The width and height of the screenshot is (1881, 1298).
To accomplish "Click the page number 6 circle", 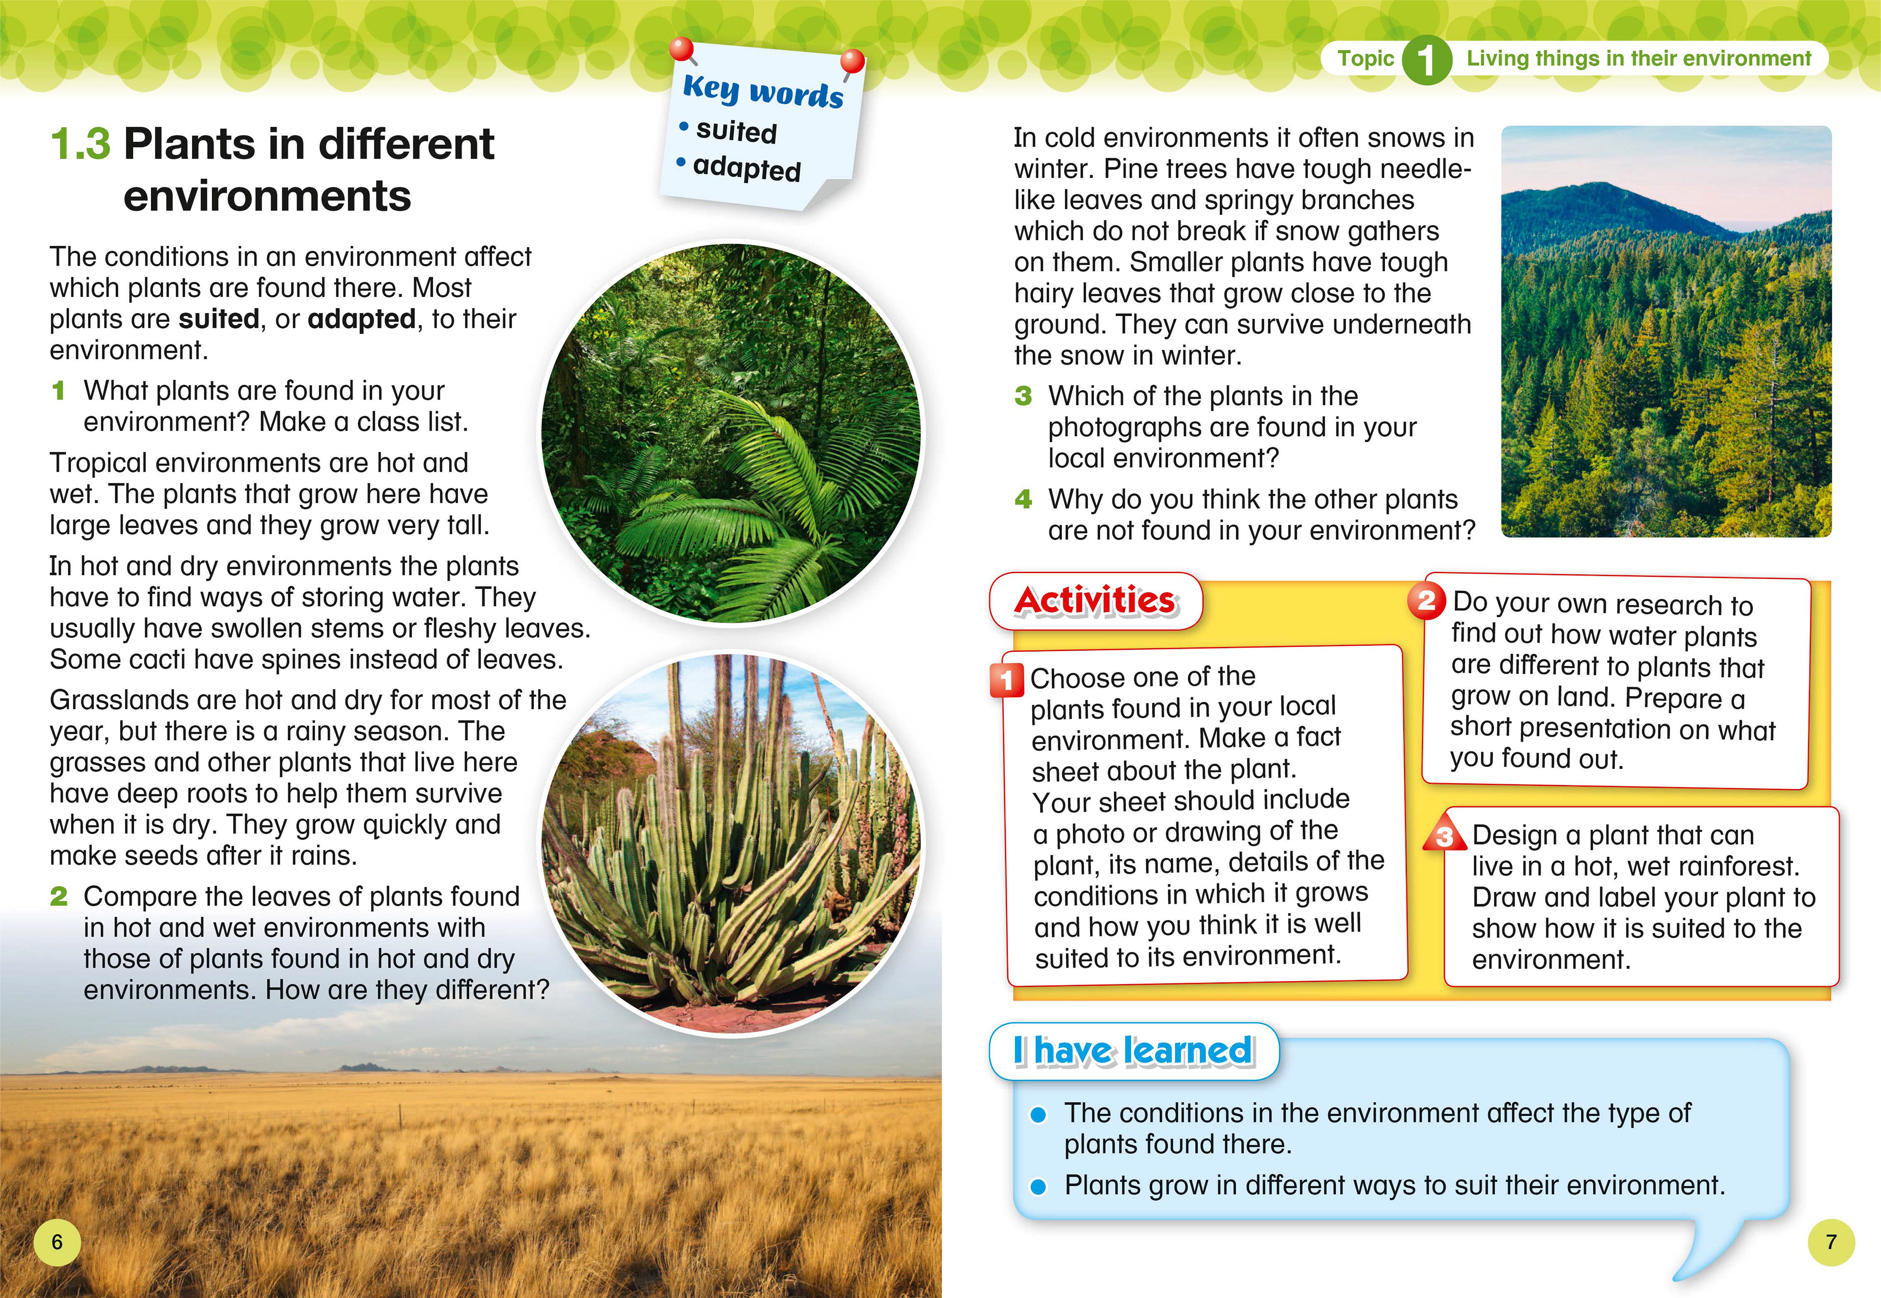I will coord(57,1242).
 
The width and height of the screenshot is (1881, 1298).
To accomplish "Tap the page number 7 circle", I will coord(1831,1242).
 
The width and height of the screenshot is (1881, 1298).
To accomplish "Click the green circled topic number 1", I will coord(1425,59).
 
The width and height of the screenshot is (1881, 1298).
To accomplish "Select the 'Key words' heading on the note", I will coord(763,90).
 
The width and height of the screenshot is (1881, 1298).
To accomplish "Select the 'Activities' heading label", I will coord(1095,601).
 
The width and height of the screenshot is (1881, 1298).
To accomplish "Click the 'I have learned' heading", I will coord(1133,1050).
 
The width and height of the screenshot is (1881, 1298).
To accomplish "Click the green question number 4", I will coord(1023,499).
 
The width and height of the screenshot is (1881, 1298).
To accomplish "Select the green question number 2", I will coord(59,896).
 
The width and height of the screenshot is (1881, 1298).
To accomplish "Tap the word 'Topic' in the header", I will coord(1365,59).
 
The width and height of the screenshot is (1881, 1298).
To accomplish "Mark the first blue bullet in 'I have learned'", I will coord(1037,1115).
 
